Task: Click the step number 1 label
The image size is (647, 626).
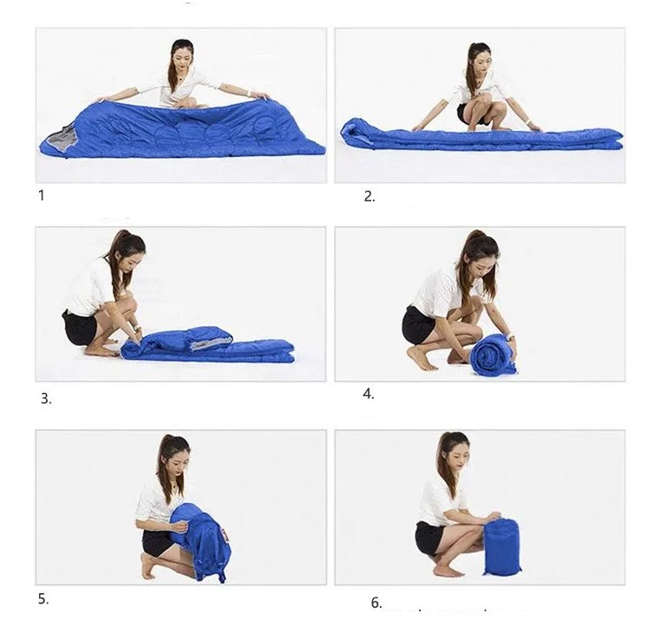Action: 41,195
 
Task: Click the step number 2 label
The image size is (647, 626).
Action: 369,197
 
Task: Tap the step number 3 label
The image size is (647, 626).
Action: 46,398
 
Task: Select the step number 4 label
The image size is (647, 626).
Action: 369,394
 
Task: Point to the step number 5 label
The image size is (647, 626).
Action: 43,598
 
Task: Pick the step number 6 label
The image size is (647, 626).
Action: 376,603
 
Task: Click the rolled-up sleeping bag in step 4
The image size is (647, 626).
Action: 493,355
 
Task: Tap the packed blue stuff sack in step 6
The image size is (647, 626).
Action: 502,546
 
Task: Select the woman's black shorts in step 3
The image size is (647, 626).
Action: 80,328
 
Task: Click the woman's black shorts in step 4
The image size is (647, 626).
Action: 418,325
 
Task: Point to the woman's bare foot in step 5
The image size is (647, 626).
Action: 147,566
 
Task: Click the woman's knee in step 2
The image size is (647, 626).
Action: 496,108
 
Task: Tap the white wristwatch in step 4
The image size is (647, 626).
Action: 511,337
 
